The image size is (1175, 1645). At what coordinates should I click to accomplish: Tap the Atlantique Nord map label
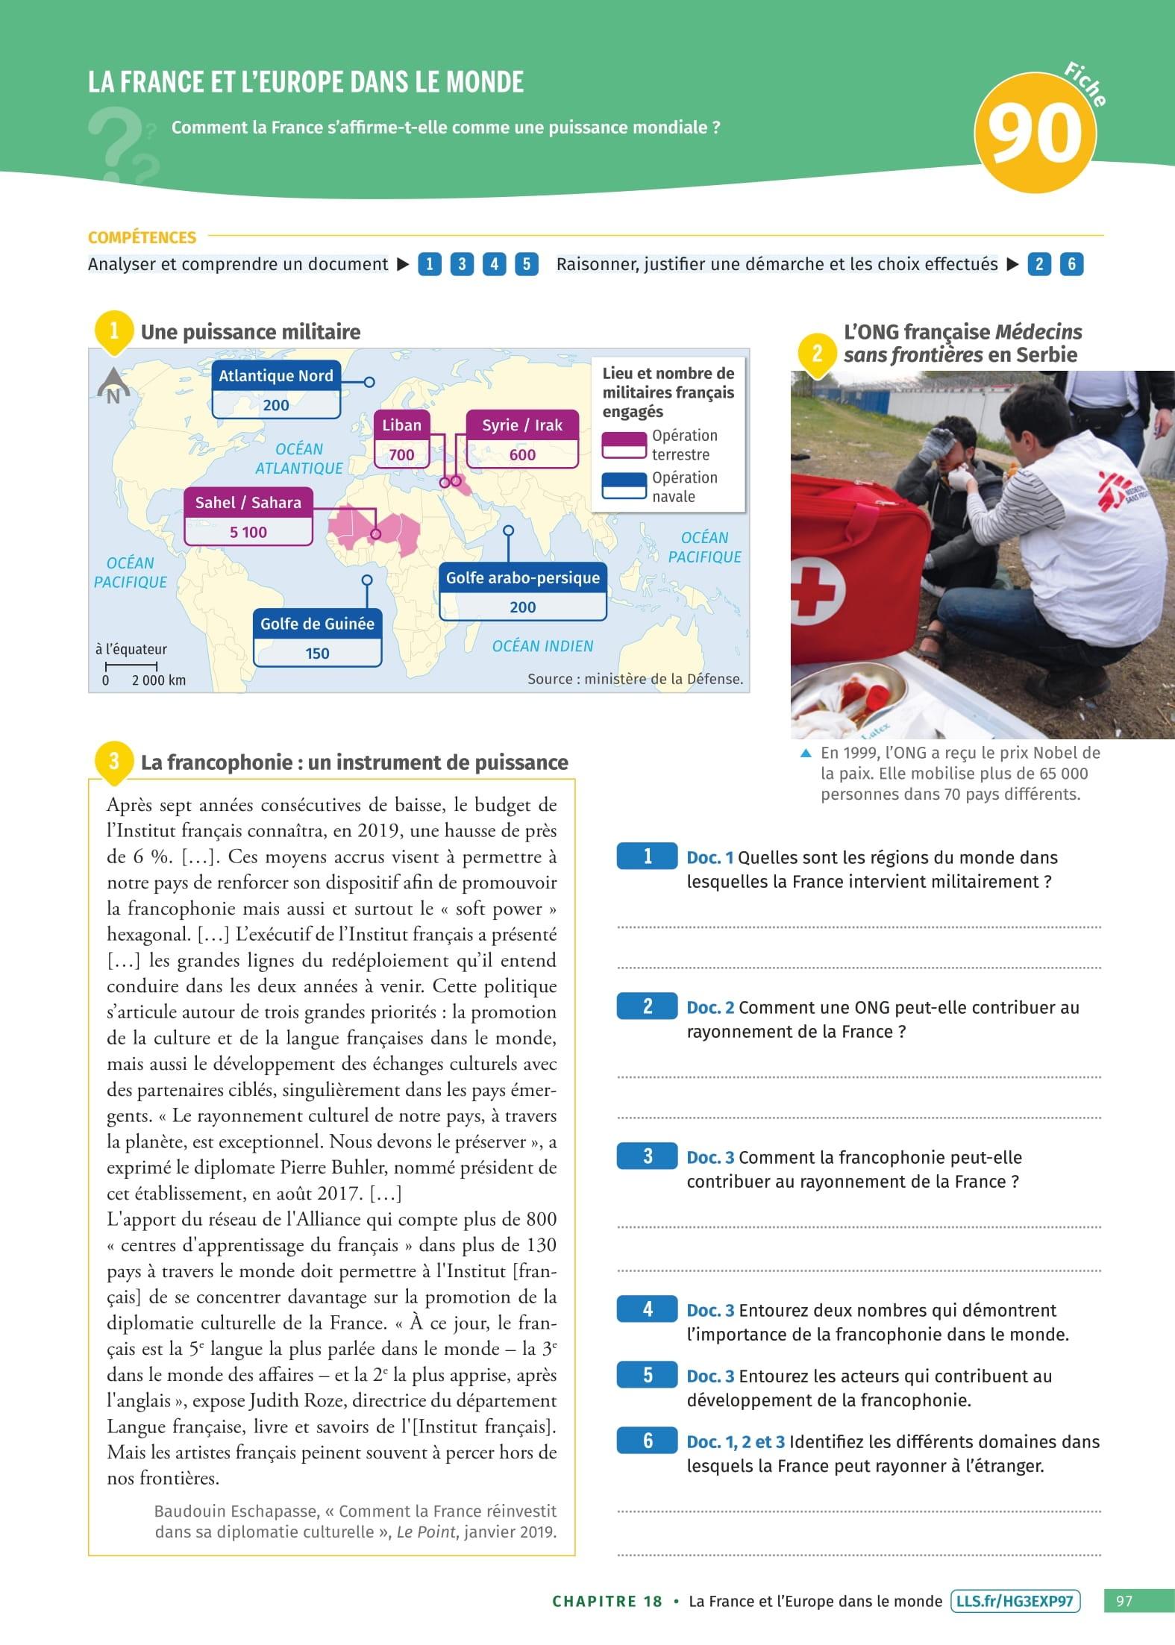(x=276, y=376)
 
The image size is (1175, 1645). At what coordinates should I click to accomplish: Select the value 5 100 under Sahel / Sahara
(x=248, y=532)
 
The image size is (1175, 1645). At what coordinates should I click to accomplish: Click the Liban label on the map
(x=401, y=425)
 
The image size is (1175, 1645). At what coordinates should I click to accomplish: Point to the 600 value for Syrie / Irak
(x=522, y=454)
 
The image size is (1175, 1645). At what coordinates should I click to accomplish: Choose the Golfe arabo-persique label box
(x=522, y=578)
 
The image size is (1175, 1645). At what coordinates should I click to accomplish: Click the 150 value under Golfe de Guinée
(x=317, y=654)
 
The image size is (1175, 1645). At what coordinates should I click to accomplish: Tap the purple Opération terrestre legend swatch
(x=624, y=445)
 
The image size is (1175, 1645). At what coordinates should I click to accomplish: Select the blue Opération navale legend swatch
(x=624, y=486)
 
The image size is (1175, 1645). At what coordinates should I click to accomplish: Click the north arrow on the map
(x=113, y=386)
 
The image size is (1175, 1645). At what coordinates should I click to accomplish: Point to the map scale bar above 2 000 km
(x=131, y=665)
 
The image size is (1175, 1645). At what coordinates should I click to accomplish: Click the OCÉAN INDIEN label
(x=542, y=646)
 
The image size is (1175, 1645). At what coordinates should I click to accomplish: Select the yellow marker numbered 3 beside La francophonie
(x=113, y=761)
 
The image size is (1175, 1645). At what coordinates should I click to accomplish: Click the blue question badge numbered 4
(x=647, y=1309)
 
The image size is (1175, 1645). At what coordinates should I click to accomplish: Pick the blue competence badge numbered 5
(x=526, y=264)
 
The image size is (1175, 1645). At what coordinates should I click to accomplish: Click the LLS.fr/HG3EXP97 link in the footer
(x=1015, y=1601)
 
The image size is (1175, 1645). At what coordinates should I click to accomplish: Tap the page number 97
(x=1124, y=1601)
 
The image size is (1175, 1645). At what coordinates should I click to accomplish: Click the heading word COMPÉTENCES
(x=142, y=237)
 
